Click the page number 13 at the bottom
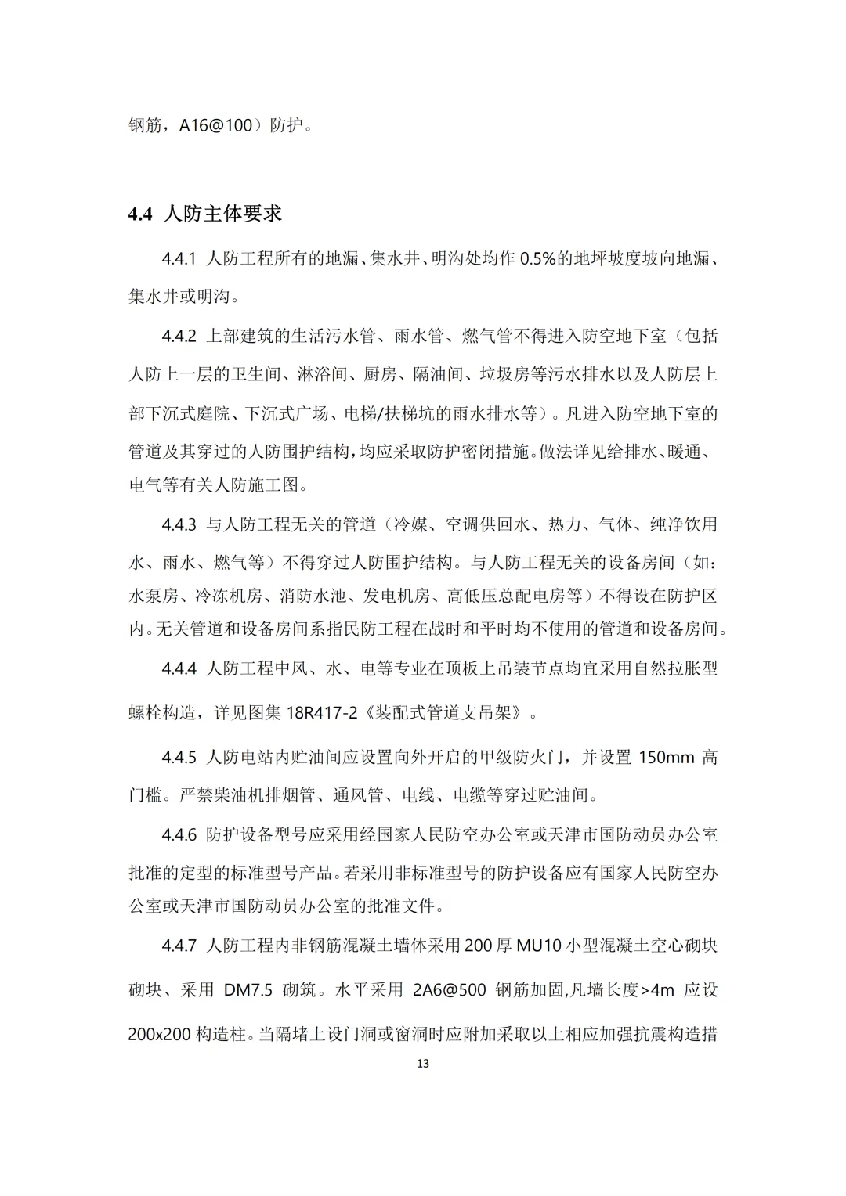(423, 1064)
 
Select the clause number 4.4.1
(179, 259)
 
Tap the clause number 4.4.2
(179, 337)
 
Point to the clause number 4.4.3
(179, 524)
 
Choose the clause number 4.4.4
(179, 668)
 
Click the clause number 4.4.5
(179, 758)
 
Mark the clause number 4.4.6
(179, 834)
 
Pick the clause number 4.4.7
(179, 946)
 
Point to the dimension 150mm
(664, 758)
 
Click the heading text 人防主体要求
(222, 214)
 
